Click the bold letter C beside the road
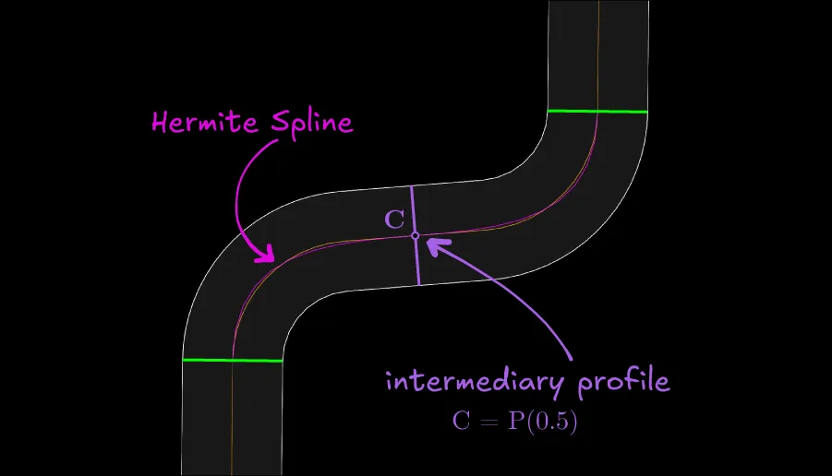pyautogui.click(x=394, y=220)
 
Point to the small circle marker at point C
pyautogui.click(x=415, y=236)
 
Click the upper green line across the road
pyautogui.click(x=597, y=111)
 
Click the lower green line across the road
pyautogui.click(x=233, y=360)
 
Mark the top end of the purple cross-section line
pyautogui.click(x=412, y=187)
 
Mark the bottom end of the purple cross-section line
pyautogui.click(x=418, y=283)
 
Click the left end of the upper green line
pyautogui.click(x=549, y=111)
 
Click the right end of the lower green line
pyautogui.click(x=282, y=361)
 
